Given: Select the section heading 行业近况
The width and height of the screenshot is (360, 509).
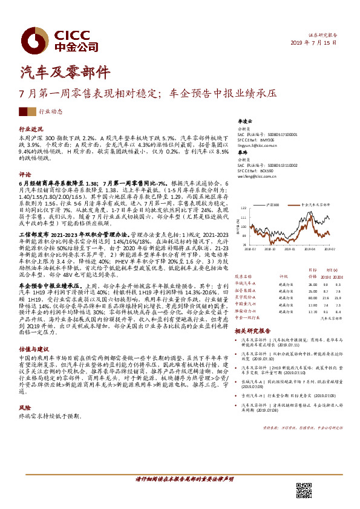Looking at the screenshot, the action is tap(31, 129).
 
